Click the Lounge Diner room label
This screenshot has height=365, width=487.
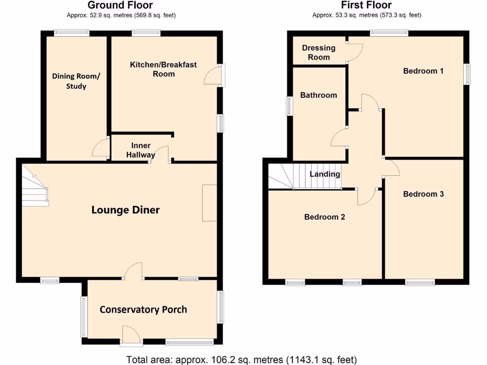coord(126,210)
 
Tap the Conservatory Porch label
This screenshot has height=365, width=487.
coord(143,309)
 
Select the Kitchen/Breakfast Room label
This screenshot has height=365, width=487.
coord(163,69)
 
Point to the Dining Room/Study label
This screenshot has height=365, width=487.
coord(76,81)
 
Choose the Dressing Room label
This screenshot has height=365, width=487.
coord(319,52)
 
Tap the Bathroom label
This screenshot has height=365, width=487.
coord(318,95)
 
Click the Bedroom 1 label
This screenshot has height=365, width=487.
coord(423,71)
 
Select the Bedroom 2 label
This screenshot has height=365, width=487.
coord(324,217)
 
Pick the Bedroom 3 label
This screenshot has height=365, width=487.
coord(423,194)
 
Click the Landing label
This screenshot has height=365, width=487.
coord(325,174)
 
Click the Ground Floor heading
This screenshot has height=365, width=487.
coord(120,5)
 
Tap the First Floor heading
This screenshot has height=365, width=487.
coord(366,5)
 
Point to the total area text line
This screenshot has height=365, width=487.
coord(242,359)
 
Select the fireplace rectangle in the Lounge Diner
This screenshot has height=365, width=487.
coord(209,203)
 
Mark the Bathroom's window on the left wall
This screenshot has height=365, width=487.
coord(289,106)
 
